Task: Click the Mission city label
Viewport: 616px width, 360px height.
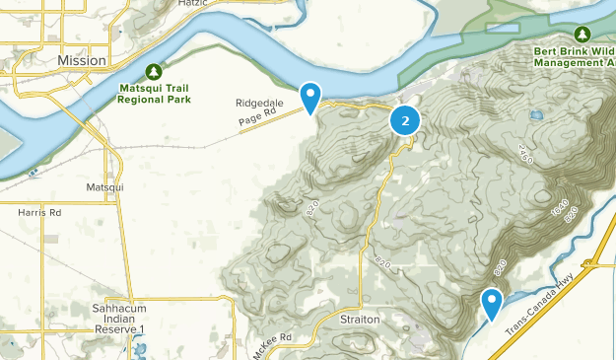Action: tap(81, 60)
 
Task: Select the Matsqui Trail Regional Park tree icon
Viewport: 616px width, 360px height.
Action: tap(153, 71)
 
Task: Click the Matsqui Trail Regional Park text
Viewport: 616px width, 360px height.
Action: tap(153, 94)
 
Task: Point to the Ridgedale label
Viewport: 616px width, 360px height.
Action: tap(259, 103)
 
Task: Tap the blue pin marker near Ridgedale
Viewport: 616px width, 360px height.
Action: tap(310, 97)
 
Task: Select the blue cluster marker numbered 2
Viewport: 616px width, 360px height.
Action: tap(405, 120)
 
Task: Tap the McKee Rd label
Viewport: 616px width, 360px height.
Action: tap(273, 343)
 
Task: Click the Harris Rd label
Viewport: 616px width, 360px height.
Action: tap(39, 212)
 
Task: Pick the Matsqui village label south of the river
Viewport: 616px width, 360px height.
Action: tap(104, 186)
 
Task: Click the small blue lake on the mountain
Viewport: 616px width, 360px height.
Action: tap(535, 115)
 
